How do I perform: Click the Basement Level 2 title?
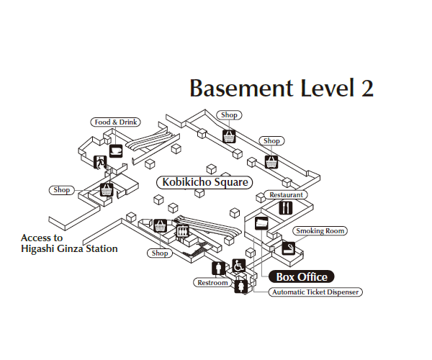pyautogui.click(x=282, y=88)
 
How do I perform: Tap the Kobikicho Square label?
pyautogui.click(x=205, y=183)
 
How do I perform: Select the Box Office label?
pyautogui.click(x=302, y=276)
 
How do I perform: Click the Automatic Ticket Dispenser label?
pyautogui.click(x=315, y=292)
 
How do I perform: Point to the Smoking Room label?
pyautogui.click(x=320, y=231)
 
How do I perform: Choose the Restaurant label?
pyautogui.click(x=287, y=195)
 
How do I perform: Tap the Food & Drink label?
pyautogui.click(x=114, y=122)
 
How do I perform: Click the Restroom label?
pyautogui.click(x=212, y=283)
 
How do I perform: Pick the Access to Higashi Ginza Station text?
pyautogui.click(x=69, y=243)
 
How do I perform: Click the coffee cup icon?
pyautogui.click(x=115, y=150)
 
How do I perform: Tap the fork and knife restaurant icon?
pyautogui.click(x=287, y=209)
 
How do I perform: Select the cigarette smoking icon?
pyautogui.click(x=289, y=248)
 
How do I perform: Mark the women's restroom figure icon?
pyautogui.click(x=240, y=287)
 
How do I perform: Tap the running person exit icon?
pyautogui.click(x=100, y=162)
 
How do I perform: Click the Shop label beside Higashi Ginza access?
pyautogui.click(x=62, y=190)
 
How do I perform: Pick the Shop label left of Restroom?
pyautogui.click(x=160, y=253)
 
